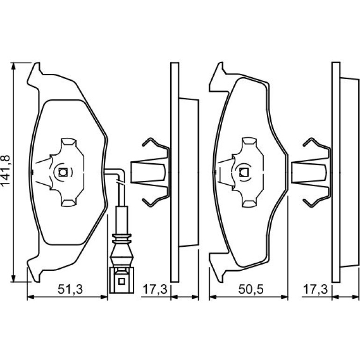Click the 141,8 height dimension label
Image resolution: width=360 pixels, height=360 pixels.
coord(6,170)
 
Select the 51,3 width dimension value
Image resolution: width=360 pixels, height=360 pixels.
coord(70,289)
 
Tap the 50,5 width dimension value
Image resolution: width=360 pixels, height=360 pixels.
coord(251,289)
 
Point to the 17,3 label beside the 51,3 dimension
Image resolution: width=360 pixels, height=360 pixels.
coord(155,289)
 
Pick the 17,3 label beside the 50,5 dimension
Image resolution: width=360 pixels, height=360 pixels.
coord(316,289)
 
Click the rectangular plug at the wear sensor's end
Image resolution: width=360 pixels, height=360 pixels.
coord(122,280)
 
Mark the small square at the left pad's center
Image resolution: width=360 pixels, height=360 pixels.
coord(63,172)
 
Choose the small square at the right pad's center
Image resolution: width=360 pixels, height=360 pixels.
coord(244,172)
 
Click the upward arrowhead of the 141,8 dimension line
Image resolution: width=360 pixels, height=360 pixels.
coord(14,66)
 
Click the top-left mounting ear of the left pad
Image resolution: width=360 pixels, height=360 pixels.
coord(35,76)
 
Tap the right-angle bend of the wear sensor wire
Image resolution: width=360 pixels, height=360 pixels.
coord(121,173)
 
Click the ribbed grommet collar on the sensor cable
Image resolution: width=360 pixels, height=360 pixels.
coord(121,238)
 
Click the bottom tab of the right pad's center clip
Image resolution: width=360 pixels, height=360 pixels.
coord(249,203)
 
